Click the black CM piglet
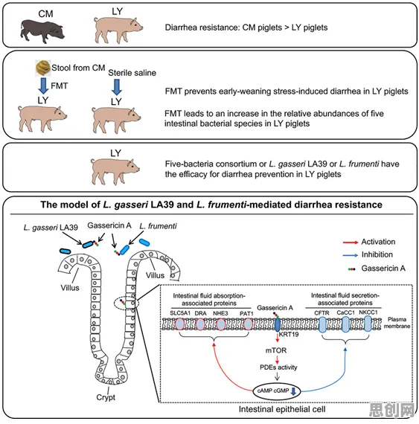coord(42,31)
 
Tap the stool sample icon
coord(43,68)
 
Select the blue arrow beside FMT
coord(43,86)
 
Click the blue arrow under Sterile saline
coord(117,87)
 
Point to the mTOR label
coord(275,350)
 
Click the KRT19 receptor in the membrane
coord(278,324)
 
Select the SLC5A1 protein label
coord(180,313)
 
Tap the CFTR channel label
coord(322,313)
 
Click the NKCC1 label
coord(368,312)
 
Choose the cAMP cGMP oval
coord(277,391)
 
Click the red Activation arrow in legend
coord(351,242)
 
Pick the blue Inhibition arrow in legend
coord(351,255)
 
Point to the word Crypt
coord(106,397)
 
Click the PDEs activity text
coord(278,367)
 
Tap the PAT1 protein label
coord(246,314)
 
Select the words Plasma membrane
coord(397,323)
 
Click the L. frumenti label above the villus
coord(158,226)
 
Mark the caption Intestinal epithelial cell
coord(282,409)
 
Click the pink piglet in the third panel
coord(115,171)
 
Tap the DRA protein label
coord(200,313)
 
